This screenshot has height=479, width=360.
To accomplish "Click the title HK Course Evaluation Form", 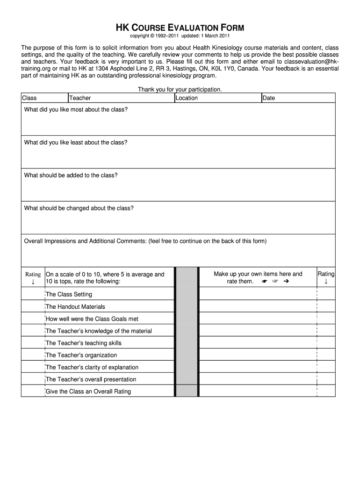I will [180, 28].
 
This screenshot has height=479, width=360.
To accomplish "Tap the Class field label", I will [29, 98].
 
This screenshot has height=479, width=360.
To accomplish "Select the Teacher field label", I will [80, 98].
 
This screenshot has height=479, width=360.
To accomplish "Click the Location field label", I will [187, 98].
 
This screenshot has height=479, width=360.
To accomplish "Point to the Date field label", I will [269, 98].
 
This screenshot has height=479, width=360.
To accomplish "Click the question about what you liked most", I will [76, 109].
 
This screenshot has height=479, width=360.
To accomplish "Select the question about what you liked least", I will [76, 142].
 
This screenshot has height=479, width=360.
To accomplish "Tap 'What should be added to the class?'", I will [71, 175].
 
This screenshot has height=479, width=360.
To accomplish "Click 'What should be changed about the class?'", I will [79, 208].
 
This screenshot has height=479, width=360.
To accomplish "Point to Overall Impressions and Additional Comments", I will [145, 241].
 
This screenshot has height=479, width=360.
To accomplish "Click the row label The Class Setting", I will [69, 294].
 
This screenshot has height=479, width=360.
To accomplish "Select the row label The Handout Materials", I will [75, 307].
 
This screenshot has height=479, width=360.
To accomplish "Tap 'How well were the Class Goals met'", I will [92, 319].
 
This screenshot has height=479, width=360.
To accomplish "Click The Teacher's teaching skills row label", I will [84, 343].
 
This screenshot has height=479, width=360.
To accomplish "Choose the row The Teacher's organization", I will [81, 355].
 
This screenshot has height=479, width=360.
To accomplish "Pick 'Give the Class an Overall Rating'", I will [88, 392].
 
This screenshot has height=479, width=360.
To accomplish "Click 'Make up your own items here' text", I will [258, 274].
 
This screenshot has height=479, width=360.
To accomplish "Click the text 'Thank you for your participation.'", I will [180, 89].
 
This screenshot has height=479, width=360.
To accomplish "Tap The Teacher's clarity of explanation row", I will [92, 367].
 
